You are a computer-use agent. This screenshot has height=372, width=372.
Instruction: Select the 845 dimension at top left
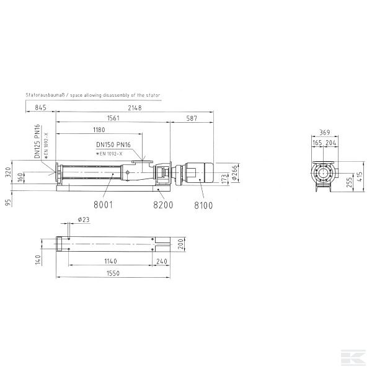pyautogui.click(x=41, y=108)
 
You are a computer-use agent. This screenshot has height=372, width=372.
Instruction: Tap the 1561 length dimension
pyautogui.click(x=113, y=118)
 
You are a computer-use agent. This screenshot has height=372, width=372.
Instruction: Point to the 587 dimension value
pyautogui.click(x=192, y=118)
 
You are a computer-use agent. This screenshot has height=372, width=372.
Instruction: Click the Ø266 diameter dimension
pyautogui.click(x=235, y=175)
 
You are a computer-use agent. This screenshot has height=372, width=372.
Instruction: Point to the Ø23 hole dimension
pyautogui.click(x=84, y=219)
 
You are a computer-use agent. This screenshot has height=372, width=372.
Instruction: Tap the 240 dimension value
pyautogui.click(x=162, y=261)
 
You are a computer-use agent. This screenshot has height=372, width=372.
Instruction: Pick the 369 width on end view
pyautogui.click(x=324, y=132)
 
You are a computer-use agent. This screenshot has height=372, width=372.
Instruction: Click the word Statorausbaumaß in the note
pyautogui.click(x=44, y=95)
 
